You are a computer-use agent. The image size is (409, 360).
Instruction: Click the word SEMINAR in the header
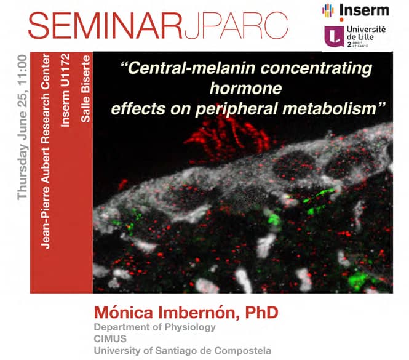[x=105, y=25]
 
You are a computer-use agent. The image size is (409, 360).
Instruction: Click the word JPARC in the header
[x=236, y=26]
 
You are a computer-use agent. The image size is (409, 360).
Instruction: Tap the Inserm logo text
[x=364, y=10]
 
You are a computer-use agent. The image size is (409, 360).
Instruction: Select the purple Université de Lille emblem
[x=334, y=36]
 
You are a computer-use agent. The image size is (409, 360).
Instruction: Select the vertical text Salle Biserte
[x=85, y=89]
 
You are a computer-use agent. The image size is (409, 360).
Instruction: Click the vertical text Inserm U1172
[x=65, y=90]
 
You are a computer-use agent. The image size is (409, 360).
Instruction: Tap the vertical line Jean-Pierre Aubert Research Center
[x=45, y=151]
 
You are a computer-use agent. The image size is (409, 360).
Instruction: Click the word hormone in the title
[x=246, y=88]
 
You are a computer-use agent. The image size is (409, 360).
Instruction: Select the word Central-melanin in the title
[x=189, y=68]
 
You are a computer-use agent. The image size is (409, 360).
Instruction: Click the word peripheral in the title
[x=236, y=109]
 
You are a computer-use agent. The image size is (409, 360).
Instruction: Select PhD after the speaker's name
[x=261, y=313]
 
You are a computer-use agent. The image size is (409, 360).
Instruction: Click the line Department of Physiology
[x=154, y=327]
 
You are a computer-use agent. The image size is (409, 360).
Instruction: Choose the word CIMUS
[x=110, y=339]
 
